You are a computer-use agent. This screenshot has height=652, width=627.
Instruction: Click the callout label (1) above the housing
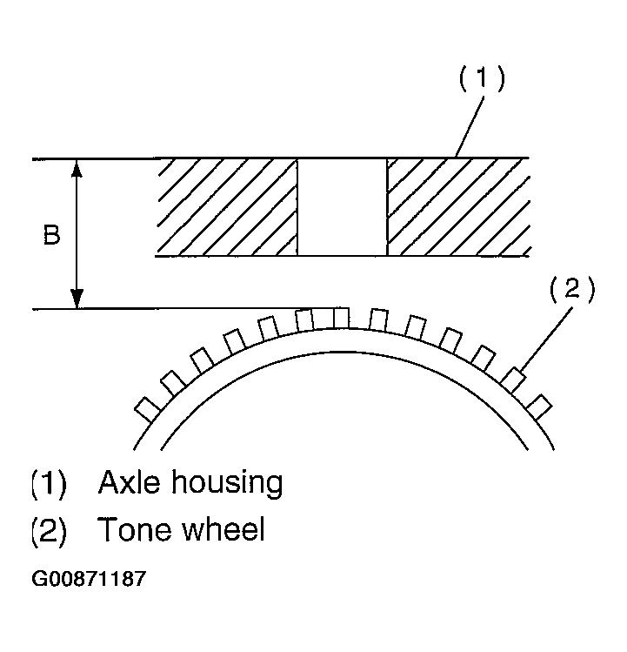click(x=481, y=79)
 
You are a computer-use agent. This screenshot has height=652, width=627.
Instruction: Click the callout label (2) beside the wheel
click(x=571, y=289)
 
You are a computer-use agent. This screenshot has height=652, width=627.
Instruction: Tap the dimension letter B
click(x=51, y=236)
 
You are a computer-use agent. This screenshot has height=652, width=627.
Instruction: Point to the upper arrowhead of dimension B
click(x=77, y=167)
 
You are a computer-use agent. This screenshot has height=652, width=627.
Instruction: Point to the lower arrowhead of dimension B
click(x=77, y=300)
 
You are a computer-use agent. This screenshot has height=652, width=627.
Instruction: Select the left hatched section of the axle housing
click(x=228, y=207)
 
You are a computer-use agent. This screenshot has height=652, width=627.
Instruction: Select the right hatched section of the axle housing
click(x=457, y=207)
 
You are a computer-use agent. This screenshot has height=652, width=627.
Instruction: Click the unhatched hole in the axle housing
click(x=342, y=207)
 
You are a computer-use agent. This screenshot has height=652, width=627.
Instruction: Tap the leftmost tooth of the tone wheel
click(x=146, y=408)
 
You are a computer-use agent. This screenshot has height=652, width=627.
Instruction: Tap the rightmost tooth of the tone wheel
click(x=540, y=407)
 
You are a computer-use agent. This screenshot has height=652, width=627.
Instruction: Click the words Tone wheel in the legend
click(x=181, y=530)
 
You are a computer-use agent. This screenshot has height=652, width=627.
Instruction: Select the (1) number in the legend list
click(x=49, y=482)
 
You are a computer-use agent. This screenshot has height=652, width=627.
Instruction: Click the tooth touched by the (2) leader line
click(x=513, y=380)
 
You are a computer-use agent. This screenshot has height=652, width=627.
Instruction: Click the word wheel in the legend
click(x=223, y=530)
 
